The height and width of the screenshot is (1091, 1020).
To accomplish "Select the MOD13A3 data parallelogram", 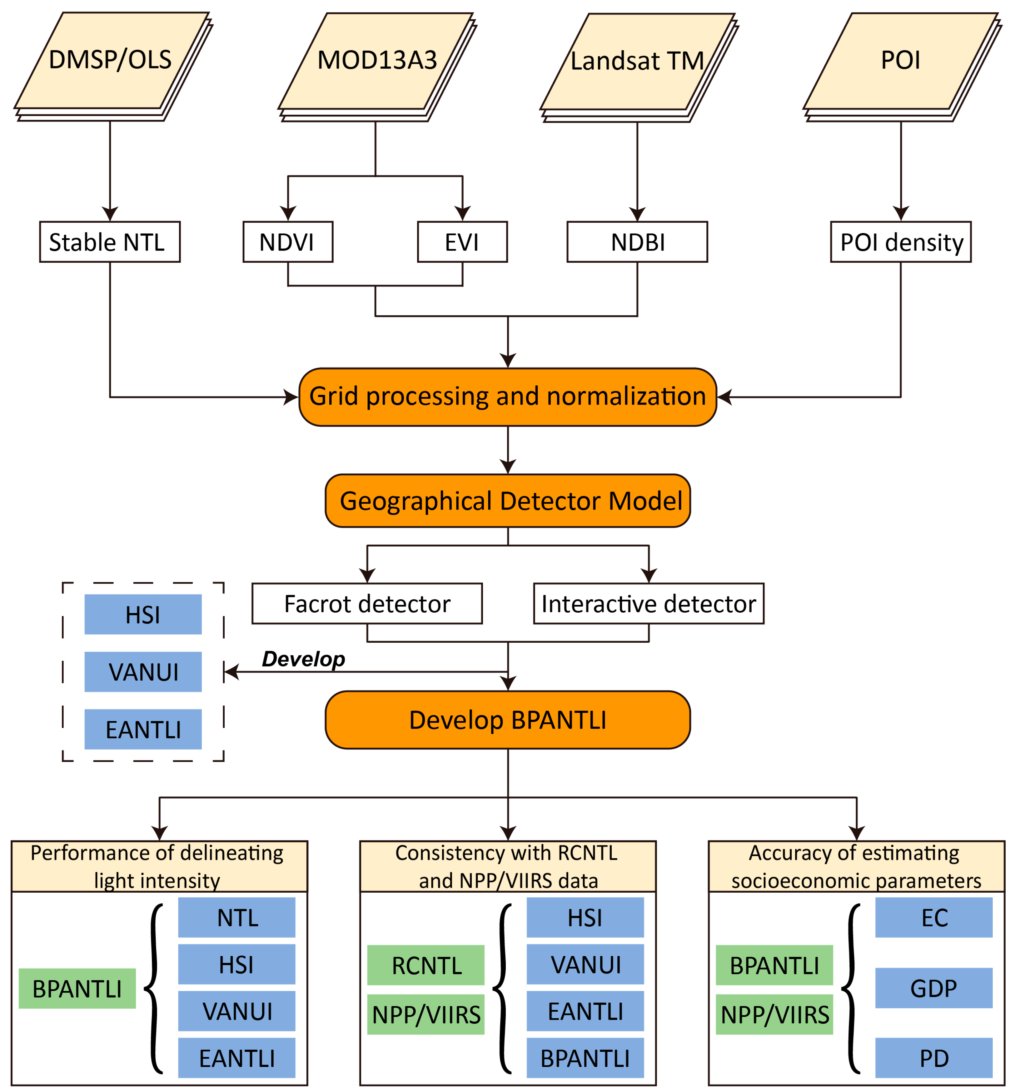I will tap(376, 60).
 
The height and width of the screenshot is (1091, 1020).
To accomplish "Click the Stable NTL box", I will tap(110, 242).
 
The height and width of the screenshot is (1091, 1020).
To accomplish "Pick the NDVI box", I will tap(287, 242).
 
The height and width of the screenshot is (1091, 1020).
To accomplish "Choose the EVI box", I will tap(462, 242).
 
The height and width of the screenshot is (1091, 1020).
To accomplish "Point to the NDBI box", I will tap(637, 242).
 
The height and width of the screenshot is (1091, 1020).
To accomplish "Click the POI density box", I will tap(900, 242).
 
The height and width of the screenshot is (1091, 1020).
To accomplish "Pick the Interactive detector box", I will tap(649, 604).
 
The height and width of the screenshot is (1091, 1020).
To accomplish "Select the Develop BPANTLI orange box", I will tap(508, 720).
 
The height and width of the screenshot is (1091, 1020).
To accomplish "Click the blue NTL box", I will tap(236, 918).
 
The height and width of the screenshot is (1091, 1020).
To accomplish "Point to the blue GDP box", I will tap(933, 989).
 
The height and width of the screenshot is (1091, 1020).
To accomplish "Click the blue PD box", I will tap(933, 1058).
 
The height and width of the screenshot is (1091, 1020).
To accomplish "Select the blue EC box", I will tap(933, 918).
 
